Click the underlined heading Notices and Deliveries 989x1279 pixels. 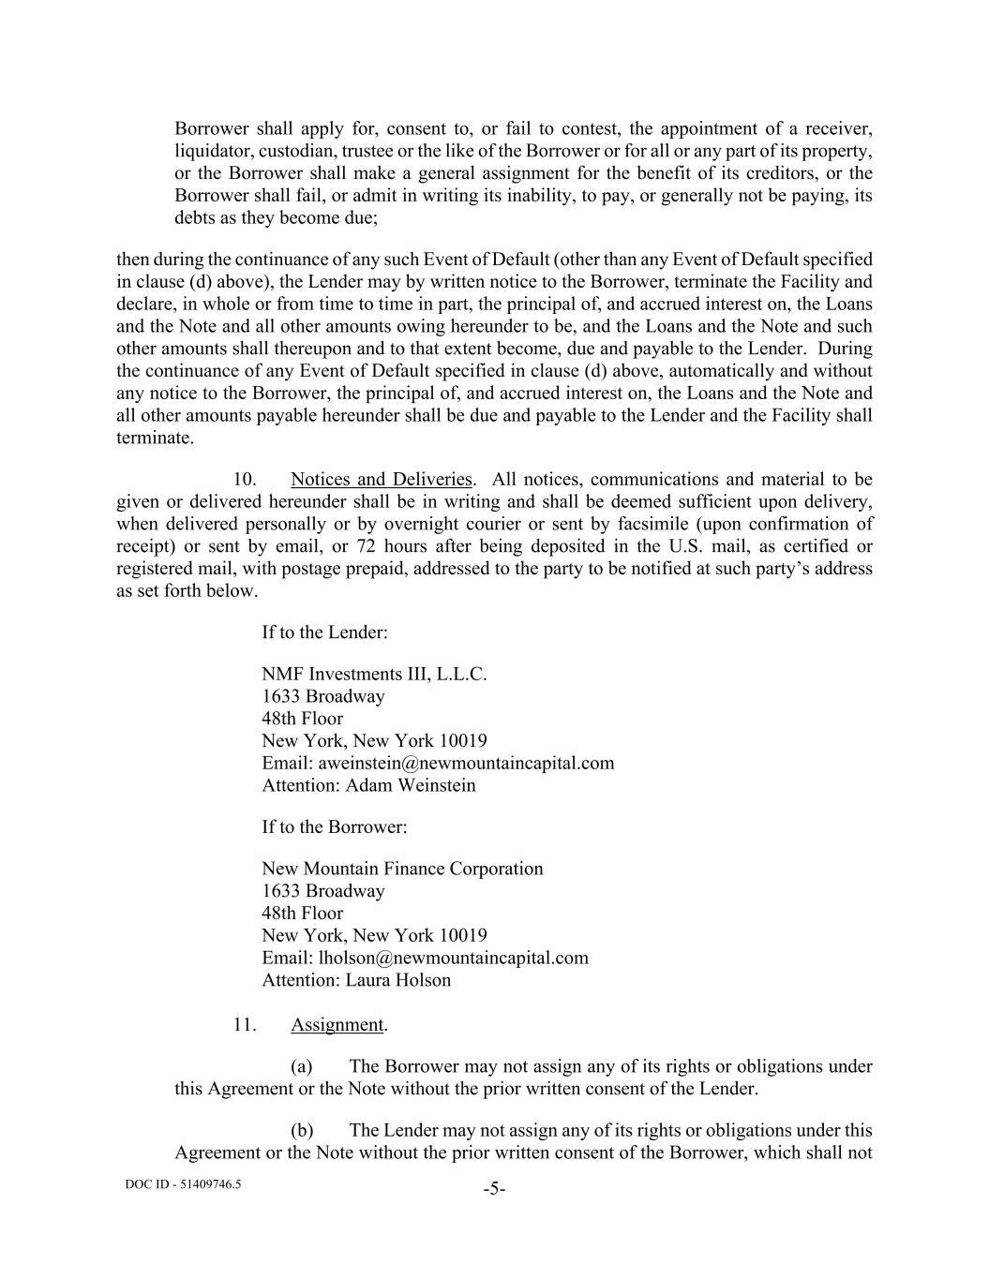[x=381, y=480]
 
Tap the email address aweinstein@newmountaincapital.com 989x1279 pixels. [x=466, y=763]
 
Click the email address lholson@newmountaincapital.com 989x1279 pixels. [x=453, y=958]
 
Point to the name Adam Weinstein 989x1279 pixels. [x=411, y=785]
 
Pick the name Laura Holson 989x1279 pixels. [x=398, y=980]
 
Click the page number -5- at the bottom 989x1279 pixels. [x=494, y=1189]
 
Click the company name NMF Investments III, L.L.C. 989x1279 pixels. [x=374, y=674]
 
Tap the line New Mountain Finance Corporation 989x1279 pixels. [x=402, y=869]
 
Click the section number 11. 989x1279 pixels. [x=245, y=1024]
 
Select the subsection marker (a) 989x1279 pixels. [x=301, y=1066]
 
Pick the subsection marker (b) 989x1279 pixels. [x=301, y=1130]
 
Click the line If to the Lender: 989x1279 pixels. [x=324, y=632]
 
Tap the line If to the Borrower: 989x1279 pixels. [x=335, y=827]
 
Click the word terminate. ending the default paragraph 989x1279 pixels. [x=155, y=438]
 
